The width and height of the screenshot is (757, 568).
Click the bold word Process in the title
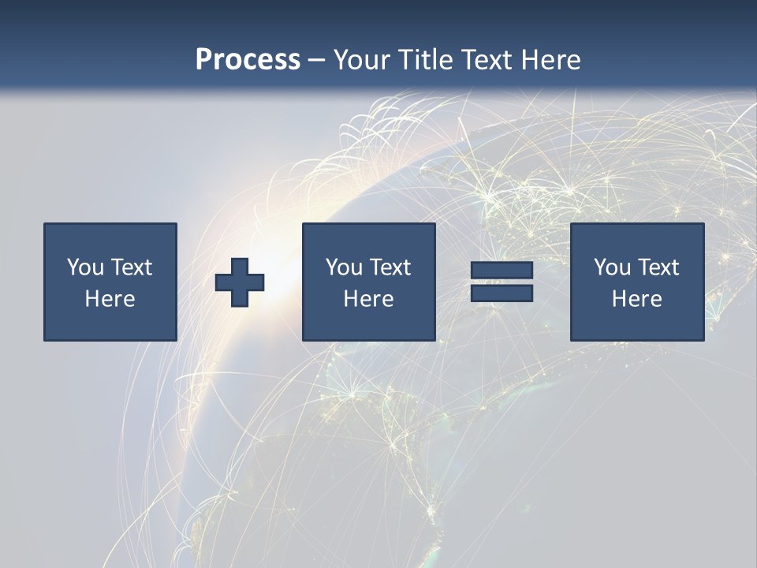pos(248,60)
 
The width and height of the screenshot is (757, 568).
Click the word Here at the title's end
pos(550,60)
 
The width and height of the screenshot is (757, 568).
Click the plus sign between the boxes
pos(240,282)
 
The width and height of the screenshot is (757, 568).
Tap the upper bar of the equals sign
pos(502,270)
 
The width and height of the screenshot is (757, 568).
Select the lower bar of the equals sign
pos(502,293)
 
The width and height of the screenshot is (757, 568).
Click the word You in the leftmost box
pos(85,267)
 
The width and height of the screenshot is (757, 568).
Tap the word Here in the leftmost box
pos(110,299)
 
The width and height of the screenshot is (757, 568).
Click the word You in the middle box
pos(344,267)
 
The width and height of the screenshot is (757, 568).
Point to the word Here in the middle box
pos(369,299)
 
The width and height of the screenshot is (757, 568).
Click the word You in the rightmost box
pos(612,267)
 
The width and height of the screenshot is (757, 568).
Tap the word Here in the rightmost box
pos(637,299)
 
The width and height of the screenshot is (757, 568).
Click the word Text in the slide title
pos(483,60)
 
